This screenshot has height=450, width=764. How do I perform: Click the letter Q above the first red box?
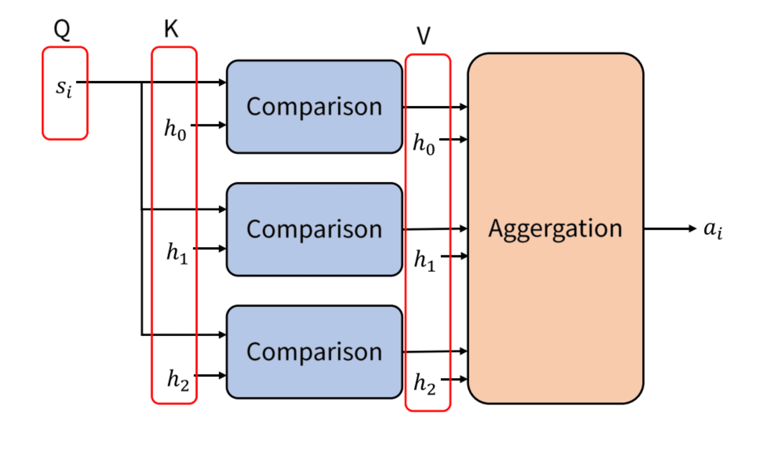pos(62,30)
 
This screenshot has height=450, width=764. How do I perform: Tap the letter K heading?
pos(171,29)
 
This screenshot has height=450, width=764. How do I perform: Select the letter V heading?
pos(423,35)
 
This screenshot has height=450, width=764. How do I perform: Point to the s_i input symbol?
pos(64,87)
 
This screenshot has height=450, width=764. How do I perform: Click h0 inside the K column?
pos(175,130)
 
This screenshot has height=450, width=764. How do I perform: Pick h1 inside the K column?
pos(177,253)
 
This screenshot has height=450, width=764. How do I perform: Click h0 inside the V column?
pos(423,144)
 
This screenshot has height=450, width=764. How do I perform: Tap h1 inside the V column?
pos(424,260)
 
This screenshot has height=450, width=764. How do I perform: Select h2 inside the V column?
pos(424,383)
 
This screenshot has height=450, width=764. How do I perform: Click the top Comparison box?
pos(314,107)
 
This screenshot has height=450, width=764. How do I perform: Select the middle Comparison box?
pos(314,229)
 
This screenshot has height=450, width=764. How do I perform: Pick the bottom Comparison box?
pos(314,352)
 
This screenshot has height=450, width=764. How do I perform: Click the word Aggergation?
pos(555,229)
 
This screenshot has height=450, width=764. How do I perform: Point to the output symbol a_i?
pos(712,229)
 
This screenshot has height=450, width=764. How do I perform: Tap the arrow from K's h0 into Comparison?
pos(209,125)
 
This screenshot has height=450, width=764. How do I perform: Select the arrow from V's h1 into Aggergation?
pos(454,256)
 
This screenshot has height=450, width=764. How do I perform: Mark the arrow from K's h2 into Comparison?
pos(210,375)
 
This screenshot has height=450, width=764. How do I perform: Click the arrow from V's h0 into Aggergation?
pos(453,139)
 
